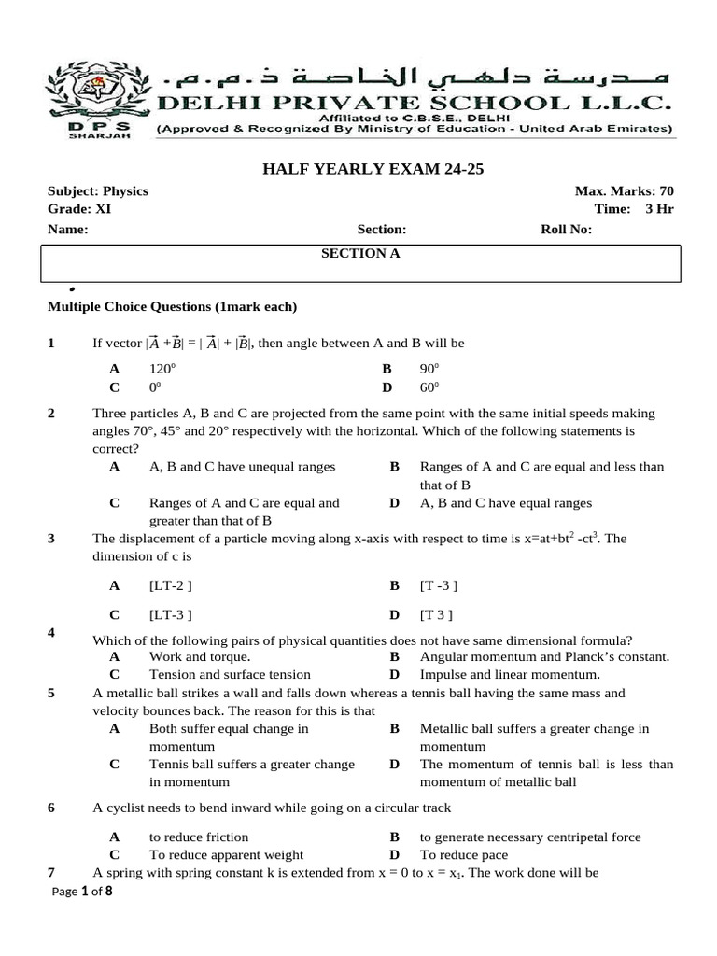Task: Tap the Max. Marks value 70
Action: (666, 191)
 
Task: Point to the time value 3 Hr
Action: (659, 209)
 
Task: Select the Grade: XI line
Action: (79, 209)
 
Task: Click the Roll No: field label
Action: (567, 230)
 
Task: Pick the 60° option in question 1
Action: (429, 387)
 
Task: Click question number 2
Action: (51, 413)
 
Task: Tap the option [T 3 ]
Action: (438, 614)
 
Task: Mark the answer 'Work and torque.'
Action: (193, 656)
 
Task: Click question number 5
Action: (51, 693)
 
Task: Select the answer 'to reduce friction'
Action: (199, 836)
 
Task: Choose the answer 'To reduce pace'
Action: (459, 854)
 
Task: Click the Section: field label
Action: (382, 230)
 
